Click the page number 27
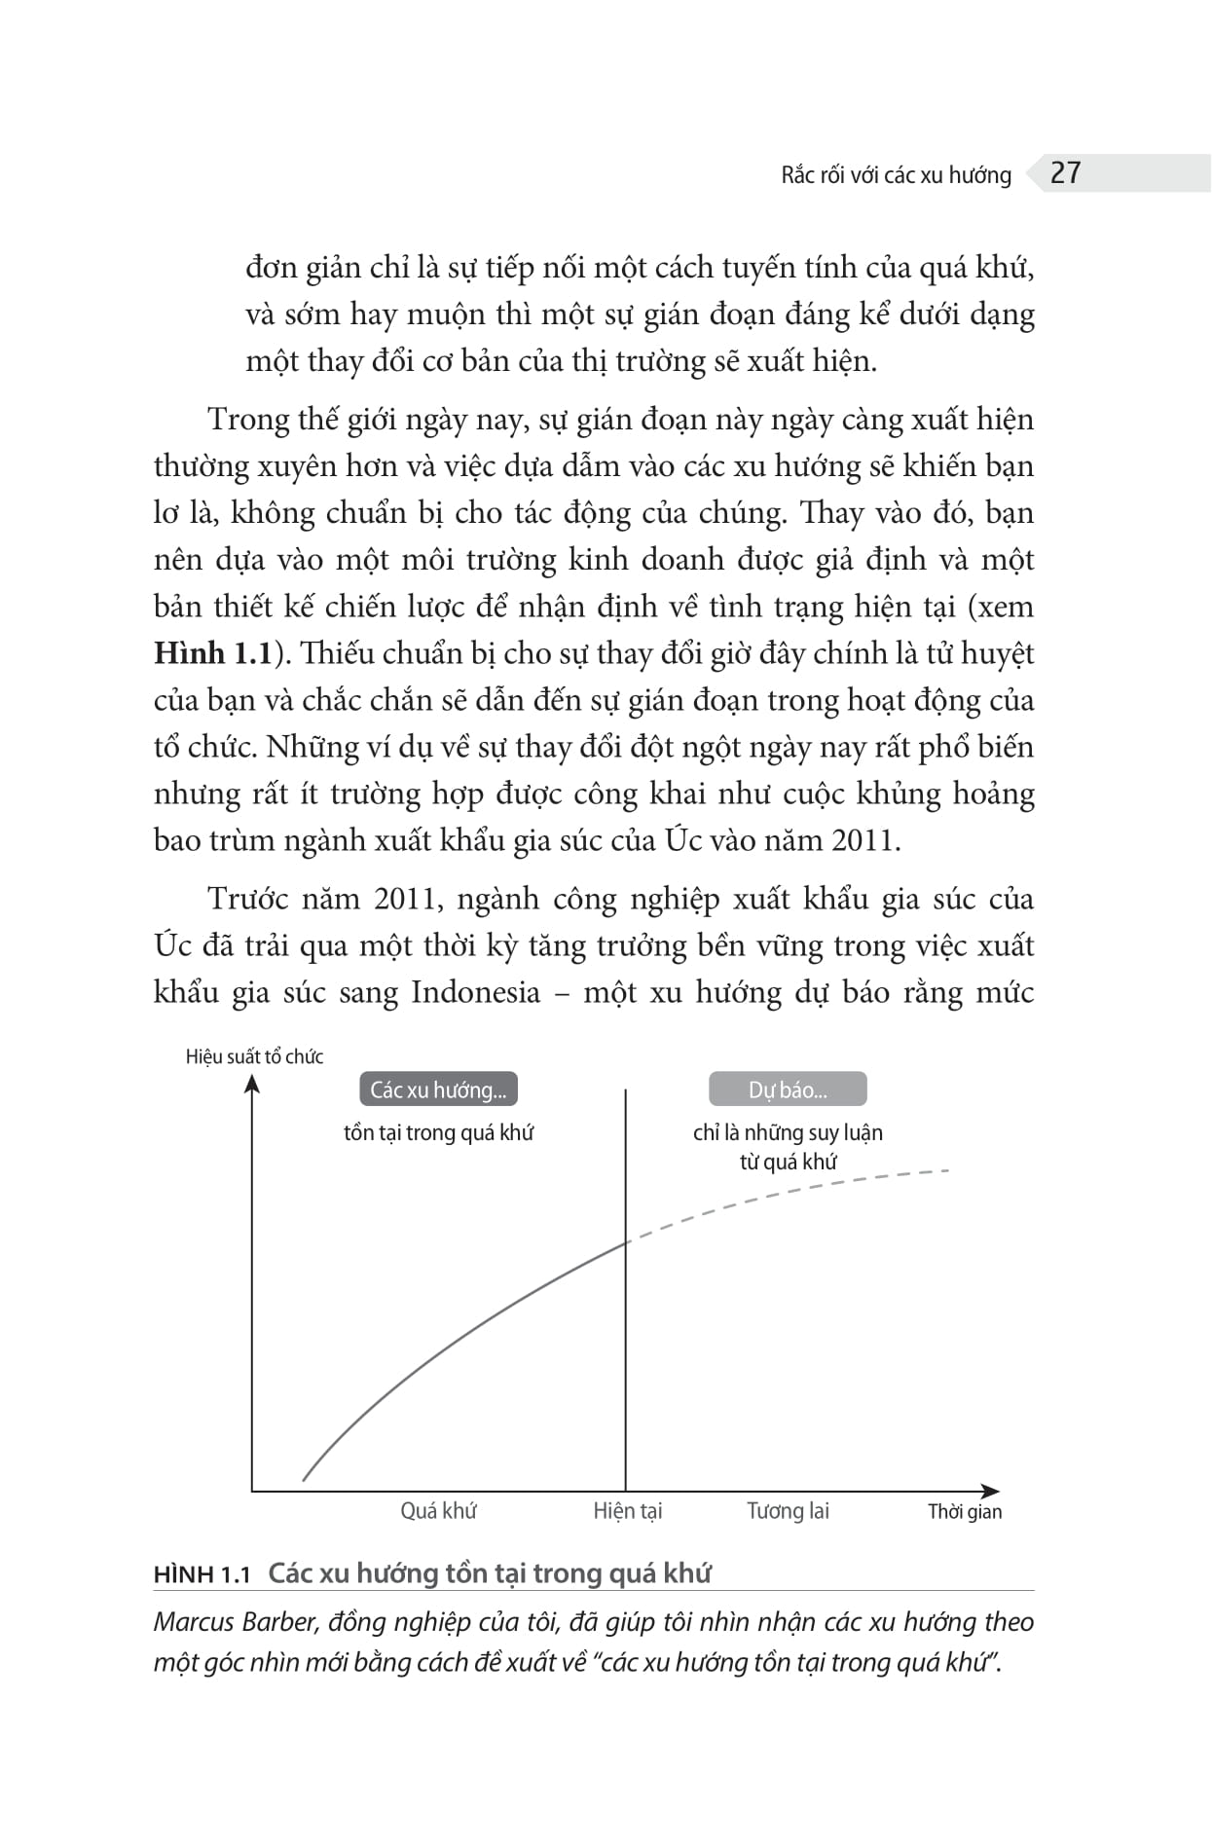pos(1065,172)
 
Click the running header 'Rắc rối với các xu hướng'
pos(896,175)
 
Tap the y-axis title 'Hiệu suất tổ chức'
pos(254,1056)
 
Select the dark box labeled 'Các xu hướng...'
pos(438,1090)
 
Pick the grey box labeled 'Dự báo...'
pos(788,1090)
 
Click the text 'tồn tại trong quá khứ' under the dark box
pos(438,1132)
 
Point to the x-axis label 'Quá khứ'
pos(438,1511)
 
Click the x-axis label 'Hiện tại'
pos(627,1511)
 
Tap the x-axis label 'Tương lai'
pos(788,1511)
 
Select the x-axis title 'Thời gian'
pos(964,1512)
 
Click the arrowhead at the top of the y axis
pos(252,1083)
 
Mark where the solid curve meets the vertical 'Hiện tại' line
pos(625,1242)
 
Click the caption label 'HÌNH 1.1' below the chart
pos(202,1575)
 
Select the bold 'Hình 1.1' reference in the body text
pos(212,653)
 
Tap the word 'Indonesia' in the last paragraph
pos(475,992)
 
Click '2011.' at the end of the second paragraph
pos(865,840)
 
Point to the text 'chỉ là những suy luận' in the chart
pos(788,1132)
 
